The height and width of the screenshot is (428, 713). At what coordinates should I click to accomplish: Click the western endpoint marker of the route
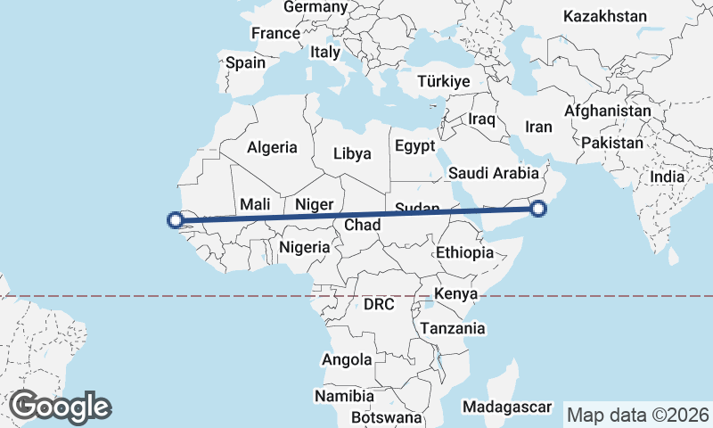tap(176, 219)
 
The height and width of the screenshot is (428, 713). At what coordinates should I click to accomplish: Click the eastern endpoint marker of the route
tap(537, 210)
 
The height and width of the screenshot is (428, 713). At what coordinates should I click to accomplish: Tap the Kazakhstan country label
tap(604, 16)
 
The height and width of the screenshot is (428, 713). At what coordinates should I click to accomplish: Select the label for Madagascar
tap(507, 407)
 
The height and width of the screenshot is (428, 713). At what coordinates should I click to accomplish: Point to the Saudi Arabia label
tap(495, 173)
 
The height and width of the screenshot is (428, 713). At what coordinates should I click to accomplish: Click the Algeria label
tap(272, 148)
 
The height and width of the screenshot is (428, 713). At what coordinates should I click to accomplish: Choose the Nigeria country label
tap(305, 247)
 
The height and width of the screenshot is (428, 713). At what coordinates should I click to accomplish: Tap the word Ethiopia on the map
tap(464, 253)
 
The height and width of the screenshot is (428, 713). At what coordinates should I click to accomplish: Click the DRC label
tap(379, 304)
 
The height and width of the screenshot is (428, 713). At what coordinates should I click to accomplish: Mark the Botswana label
tap(386, 416)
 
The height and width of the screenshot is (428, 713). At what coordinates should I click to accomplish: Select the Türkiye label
tap(443, 81)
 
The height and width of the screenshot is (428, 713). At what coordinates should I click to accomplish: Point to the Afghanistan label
tap(607, 111)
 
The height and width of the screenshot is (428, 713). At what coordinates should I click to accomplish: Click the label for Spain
tap(245, 62)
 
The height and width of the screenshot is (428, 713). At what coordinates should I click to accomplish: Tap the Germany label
tap(315, 7)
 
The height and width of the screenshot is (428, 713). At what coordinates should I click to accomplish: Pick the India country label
tap(668, 177)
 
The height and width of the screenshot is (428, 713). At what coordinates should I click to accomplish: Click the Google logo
tap(60, 407)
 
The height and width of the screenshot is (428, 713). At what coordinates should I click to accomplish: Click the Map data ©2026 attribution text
tap(638, 415)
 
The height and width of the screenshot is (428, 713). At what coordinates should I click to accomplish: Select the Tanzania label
tap(455, 328)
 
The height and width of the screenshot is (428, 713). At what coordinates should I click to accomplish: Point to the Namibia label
tap(343, 395)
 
